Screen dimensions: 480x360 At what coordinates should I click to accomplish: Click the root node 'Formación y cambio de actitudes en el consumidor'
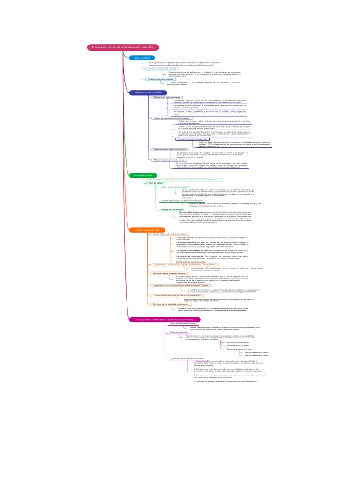click(x=123, y=47)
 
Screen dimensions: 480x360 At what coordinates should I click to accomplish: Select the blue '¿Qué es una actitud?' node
click(x=141, y=58)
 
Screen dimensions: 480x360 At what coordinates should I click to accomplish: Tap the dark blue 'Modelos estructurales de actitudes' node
click(x=148, y=93)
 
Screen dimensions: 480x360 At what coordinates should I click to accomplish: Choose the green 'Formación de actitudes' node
click(x=143, y=175)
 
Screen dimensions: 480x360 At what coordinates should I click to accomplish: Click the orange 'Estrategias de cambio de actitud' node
click(x=147, y=230)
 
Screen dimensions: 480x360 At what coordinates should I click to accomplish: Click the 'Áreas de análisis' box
click(x=155, y=183)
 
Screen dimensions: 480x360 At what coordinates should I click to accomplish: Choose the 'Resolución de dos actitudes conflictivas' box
click(x=173, y=273)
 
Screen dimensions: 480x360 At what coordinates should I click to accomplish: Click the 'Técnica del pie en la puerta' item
click(x=239, y=345)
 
